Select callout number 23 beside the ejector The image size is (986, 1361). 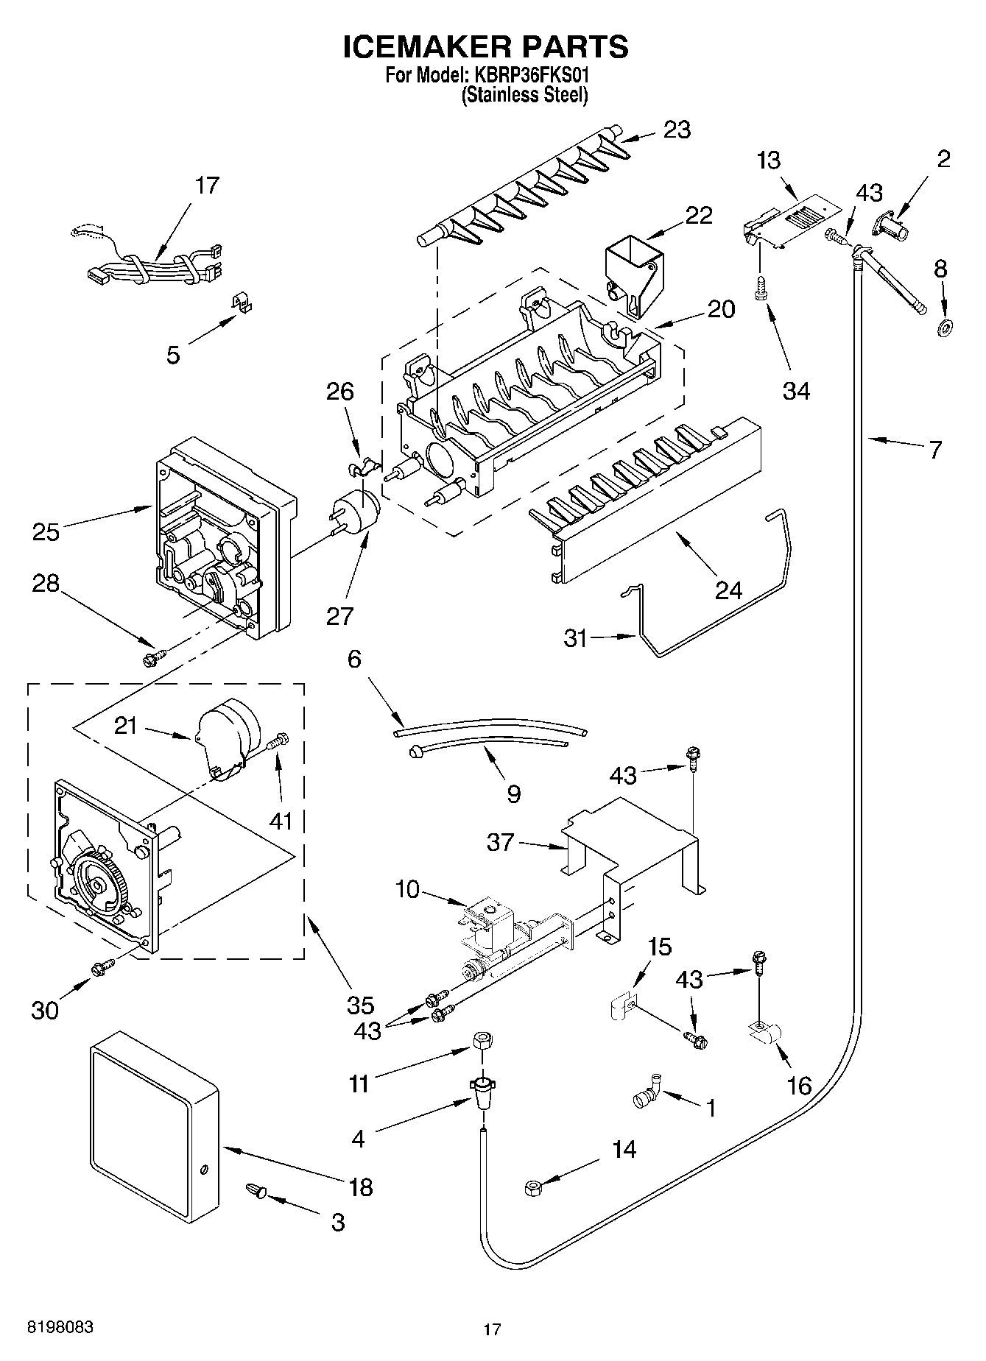click(x=677, y=130)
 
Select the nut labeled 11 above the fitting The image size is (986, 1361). click(x=482, y=1042)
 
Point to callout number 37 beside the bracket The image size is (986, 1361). click(x=500, y=842)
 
